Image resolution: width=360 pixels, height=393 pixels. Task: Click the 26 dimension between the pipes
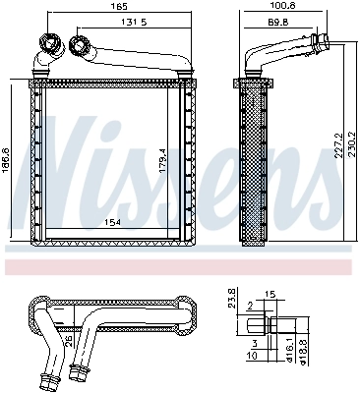click(66, 341)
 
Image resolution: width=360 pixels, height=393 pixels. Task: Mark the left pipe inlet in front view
click(46, 46)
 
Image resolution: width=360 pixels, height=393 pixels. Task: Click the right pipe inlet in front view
click(79, 45)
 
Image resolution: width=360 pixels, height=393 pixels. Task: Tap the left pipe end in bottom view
click(45, 377)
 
